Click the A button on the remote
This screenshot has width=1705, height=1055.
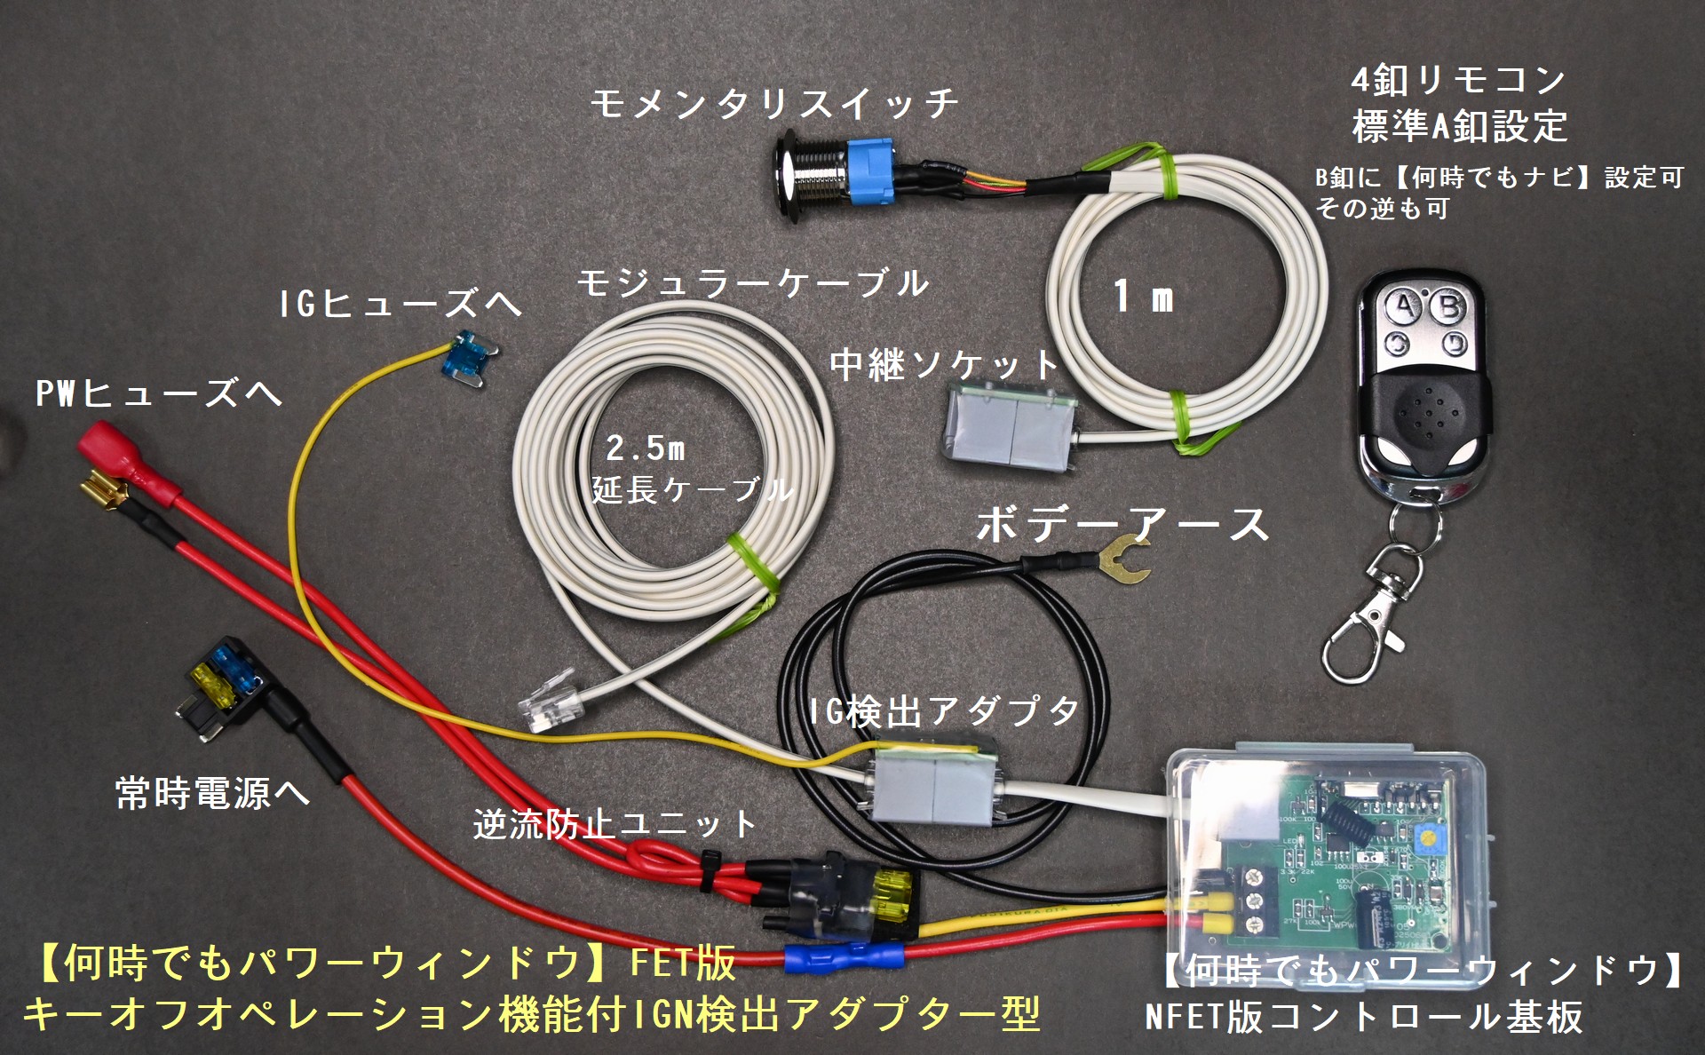point(1403,307)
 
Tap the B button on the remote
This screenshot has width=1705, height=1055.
point(1449,307)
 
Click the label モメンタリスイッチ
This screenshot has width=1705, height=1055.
point(774,105)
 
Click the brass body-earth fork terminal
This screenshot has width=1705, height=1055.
point(1122,559)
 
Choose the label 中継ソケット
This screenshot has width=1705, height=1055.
point(945,365)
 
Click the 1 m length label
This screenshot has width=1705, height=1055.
point(1144,297)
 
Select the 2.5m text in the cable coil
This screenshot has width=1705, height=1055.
point(646,448)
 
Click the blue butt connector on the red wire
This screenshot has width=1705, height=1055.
point(844,959)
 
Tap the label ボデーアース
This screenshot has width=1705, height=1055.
point(1122,524)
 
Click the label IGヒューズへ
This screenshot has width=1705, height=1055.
point(400,305)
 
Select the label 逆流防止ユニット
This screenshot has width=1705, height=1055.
point(615,826)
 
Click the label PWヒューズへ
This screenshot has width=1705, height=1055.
point(158,393)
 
